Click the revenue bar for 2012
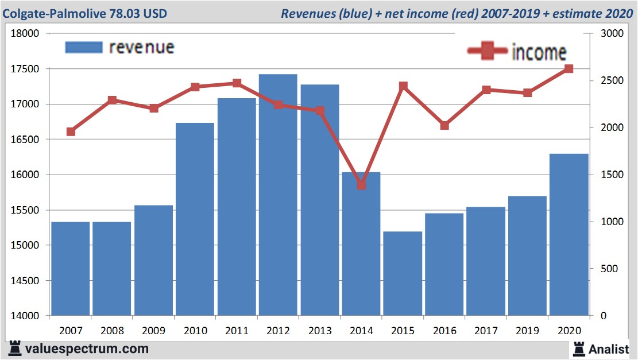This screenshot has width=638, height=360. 278,195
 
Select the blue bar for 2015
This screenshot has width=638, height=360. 403,273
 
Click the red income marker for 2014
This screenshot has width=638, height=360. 361,185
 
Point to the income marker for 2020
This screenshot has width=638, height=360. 569,69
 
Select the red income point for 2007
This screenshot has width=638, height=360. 71,131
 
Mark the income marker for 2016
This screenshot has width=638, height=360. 444,125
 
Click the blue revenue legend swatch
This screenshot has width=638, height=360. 84,47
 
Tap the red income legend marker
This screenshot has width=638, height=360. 488,51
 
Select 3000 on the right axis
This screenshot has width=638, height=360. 612,33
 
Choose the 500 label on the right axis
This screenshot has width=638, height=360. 609,269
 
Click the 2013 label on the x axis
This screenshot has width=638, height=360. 320,331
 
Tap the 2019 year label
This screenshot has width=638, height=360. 527,331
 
